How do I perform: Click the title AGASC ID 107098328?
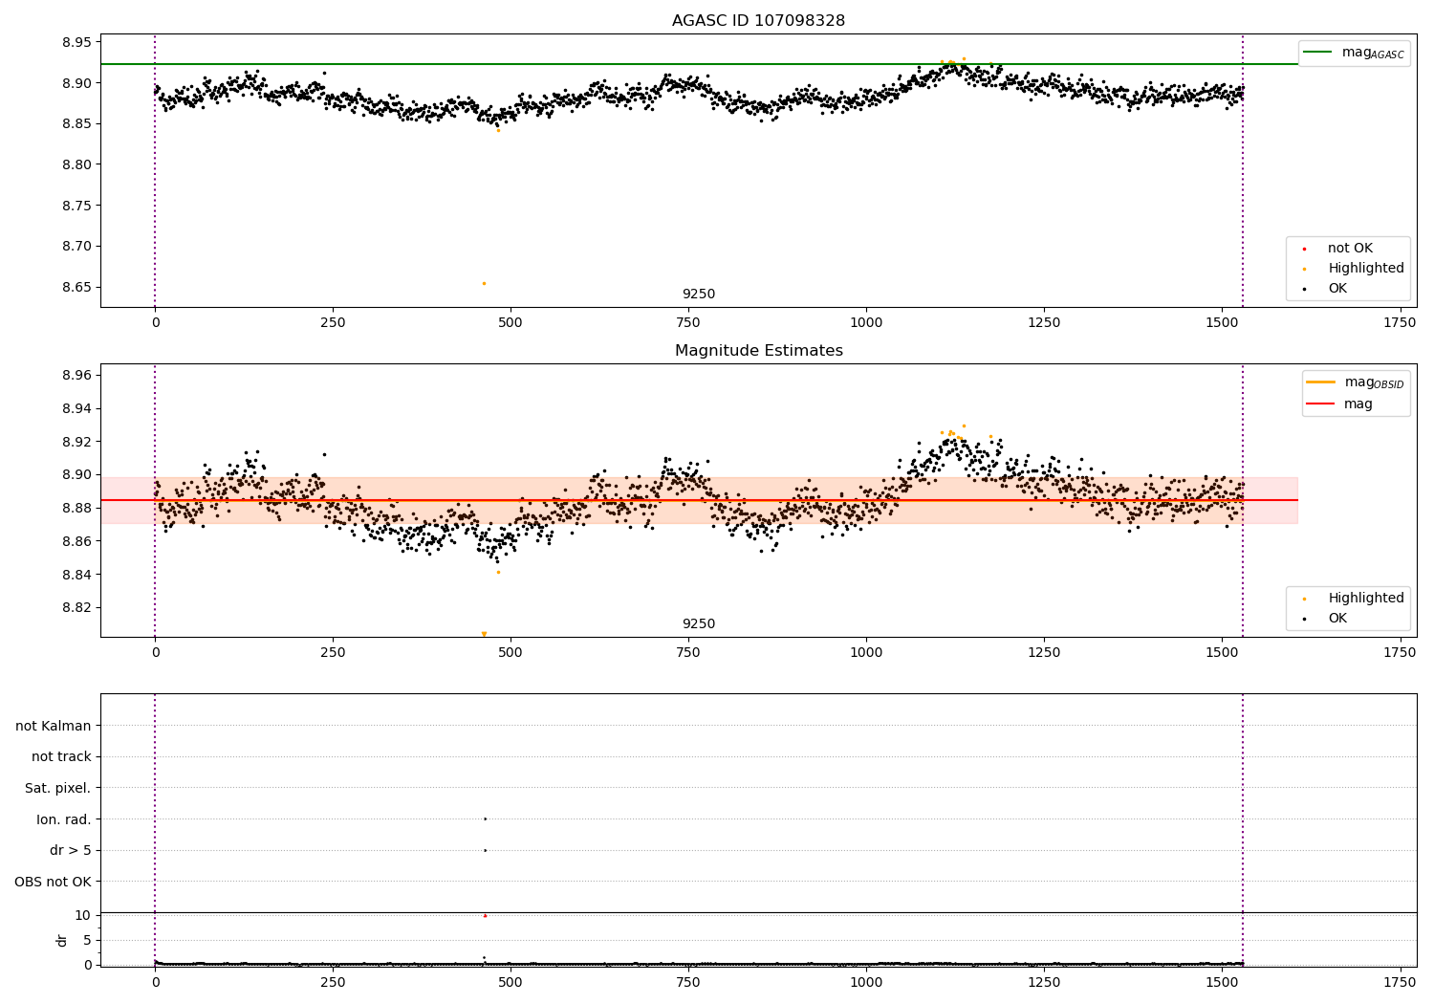(758, 20)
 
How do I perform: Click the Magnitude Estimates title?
(758, 351)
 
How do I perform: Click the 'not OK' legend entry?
(1349, 249)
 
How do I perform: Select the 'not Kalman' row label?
(54, 726)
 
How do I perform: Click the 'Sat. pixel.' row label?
(57, 788)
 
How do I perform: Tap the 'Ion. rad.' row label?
(63, 819)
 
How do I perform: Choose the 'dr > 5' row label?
(70, 850)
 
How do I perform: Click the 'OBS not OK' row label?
(53, 882)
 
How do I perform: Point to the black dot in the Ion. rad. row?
(485, 818)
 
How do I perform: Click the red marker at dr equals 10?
(485, 916)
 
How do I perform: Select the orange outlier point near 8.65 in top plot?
(484, 283)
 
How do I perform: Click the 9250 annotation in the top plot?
(698, 295)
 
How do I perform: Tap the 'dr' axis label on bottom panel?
(62, 940)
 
